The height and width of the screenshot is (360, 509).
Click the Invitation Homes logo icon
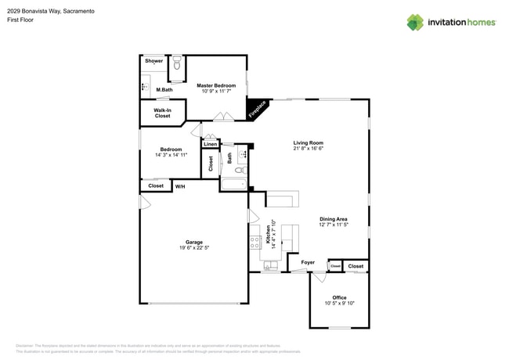tap(415, 22)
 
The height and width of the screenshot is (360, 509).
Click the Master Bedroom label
tap(215, 85)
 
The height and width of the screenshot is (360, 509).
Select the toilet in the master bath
tap(177, 63)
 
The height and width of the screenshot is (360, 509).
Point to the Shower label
tap(153, 60)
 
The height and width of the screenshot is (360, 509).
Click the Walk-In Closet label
tap(162, 113)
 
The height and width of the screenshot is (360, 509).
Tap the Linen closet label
tap(210, 144)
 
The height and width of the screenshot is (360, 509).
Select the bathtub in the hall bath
tap(233, 185)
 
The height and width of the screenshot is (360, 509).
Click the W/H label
tap(180, 186)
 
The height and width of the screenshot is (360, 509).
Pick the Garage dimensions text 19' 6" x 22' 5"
tap(193, 247)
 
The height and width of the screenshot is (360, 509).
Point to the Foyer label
tap(308, 262)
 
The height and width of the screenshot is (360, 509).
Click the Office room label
tap(339, 297)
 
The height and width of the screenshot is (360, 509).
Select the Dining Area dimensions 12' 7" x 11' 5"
tap(333, 225)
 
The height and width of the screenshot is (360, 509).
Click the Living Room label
tap(308, 142)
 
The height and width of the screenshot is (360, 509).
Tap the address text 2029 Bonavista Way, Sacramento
tap(53, 9)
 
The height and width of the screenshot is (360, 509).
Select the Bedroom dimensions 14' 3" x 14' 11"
tap(171, 155)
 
